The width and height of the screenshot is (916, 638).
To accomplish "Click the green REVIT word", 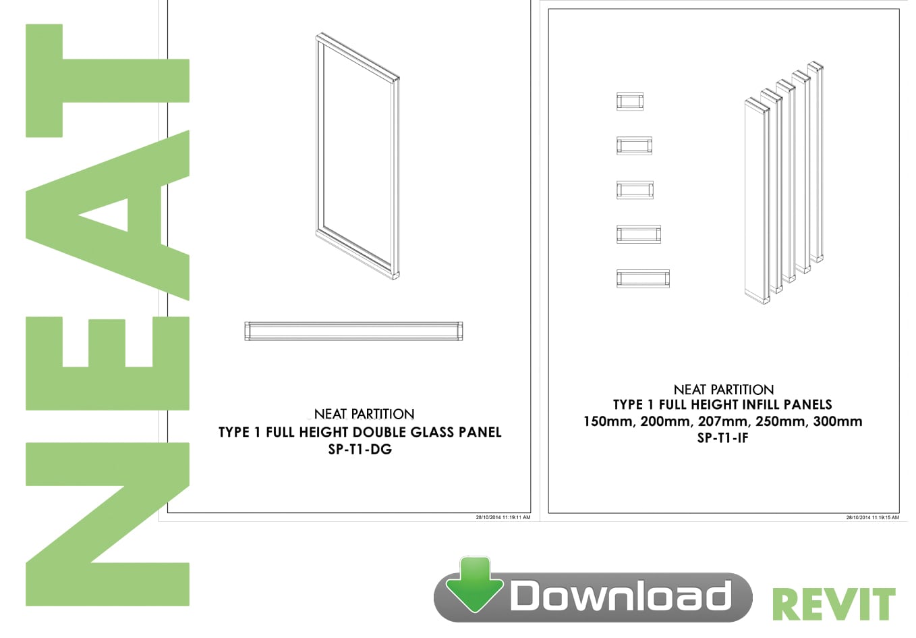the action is (x=834, y=606).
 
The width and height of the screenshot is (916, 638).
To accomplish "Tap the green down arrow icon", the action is (x=474, y=585).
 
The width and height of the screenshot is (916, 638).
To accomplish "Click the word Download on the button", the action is (x=621, y=596).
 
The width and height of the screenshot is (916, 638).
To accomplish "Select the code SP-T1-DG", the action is (x=360, y=450).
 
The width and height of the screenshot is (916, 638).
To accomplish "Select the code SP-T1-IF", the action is (x=722, y=438).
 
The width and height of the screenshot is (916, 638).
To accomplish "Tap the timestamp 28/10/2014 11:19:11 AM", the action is (x=503, y=517).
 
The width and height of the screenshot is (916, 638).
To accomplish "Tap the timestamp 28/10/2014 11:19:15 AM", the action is (x=873, y=517).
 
